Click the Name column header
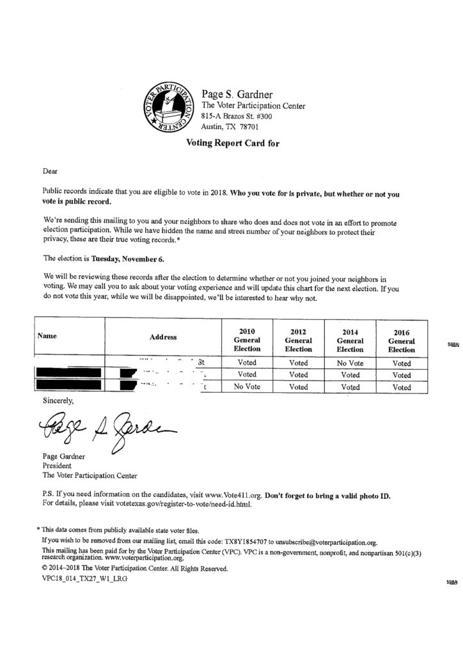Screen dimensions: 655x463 click(48, 335)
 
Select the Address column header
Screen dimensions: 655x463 click(163, 336)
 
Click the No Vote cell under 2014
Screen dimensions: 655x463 click(350, 363)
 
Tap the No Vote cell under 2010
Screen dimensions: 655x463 click(247, 387)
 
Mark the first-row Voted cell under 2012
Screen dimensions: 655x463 click(298, 363)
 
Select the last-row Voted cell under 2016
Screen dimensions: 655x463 click(402, 387)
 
